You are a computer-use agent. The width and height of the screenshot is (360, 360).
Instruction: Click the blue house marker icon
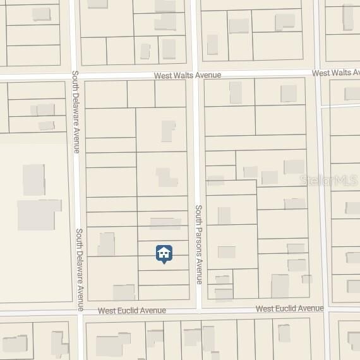coord(164,254)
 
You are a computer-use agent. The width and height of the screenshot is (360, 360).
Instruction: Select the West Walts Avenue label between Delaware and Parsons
coord(189,75)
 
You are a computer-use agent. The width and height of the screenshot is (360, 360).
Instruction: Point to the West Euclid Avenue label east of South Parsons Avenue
coord(289,309)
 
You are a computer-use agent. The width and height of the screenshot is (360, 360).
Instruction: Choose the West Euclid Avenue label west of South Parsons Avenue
coord(132,311)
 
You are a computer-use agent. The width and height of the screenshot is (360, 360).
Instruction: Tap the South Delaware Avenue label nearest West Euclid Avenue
coord(80,269)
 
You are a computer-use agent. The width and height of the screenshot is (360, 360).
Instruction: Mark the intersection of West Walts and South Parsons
coord(196,74)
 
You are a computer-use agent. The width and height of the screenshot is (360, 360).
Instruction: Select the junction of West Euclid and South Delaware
coord(81,311)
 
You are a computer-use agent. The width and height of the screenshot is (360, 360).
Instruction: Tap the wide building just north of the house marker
coord(165,224)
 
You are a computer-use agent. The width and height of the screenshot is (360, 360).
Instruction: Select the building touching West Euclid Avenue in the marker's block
coord(124,292)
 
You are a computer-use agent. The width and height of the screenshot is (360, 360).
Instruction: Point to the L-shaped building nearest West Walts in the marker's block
coord(168,131)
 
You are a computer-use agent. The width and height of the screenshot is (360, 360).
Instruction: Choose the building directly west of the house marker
coord(106,244)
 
